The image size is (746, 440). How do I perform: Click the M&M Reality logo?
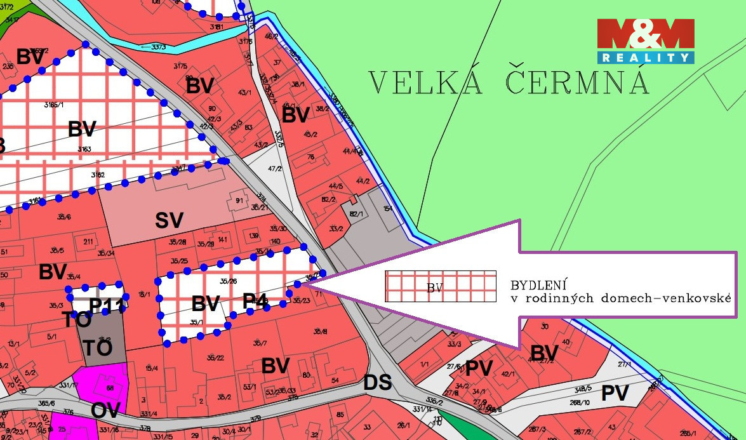click(645, 41)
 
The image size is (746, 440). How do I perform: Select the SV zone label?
click(169, 220)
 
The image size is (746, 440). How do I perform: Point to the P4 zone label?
click(255, 300)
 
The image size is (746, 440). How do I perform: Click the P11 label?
click(105, 305)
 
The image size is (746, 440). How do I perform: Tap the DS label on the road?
click(378, 382)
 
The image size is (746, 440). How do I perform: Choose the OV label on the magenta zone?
click(105, 410)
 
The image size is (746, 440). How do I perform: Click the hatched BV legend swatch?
click(440, 286)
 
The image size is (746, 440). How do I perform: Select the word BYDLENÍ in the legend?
click(538, 284)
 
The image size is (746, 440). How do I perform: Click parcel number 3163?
click(84, 149)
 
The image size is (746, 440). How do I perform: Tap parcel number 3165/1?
click(56, 103)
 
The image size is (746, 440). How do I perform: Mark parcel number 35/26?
click(227, 281)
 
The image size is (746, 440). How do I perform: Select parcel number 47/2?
click(274, 169)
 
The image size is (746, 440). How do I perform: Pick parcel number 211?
click(88, 241)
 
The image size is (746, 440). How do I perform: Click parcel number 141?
click(222, 239)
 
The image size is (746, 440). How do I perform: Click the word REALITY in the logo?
click(645, 58)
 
